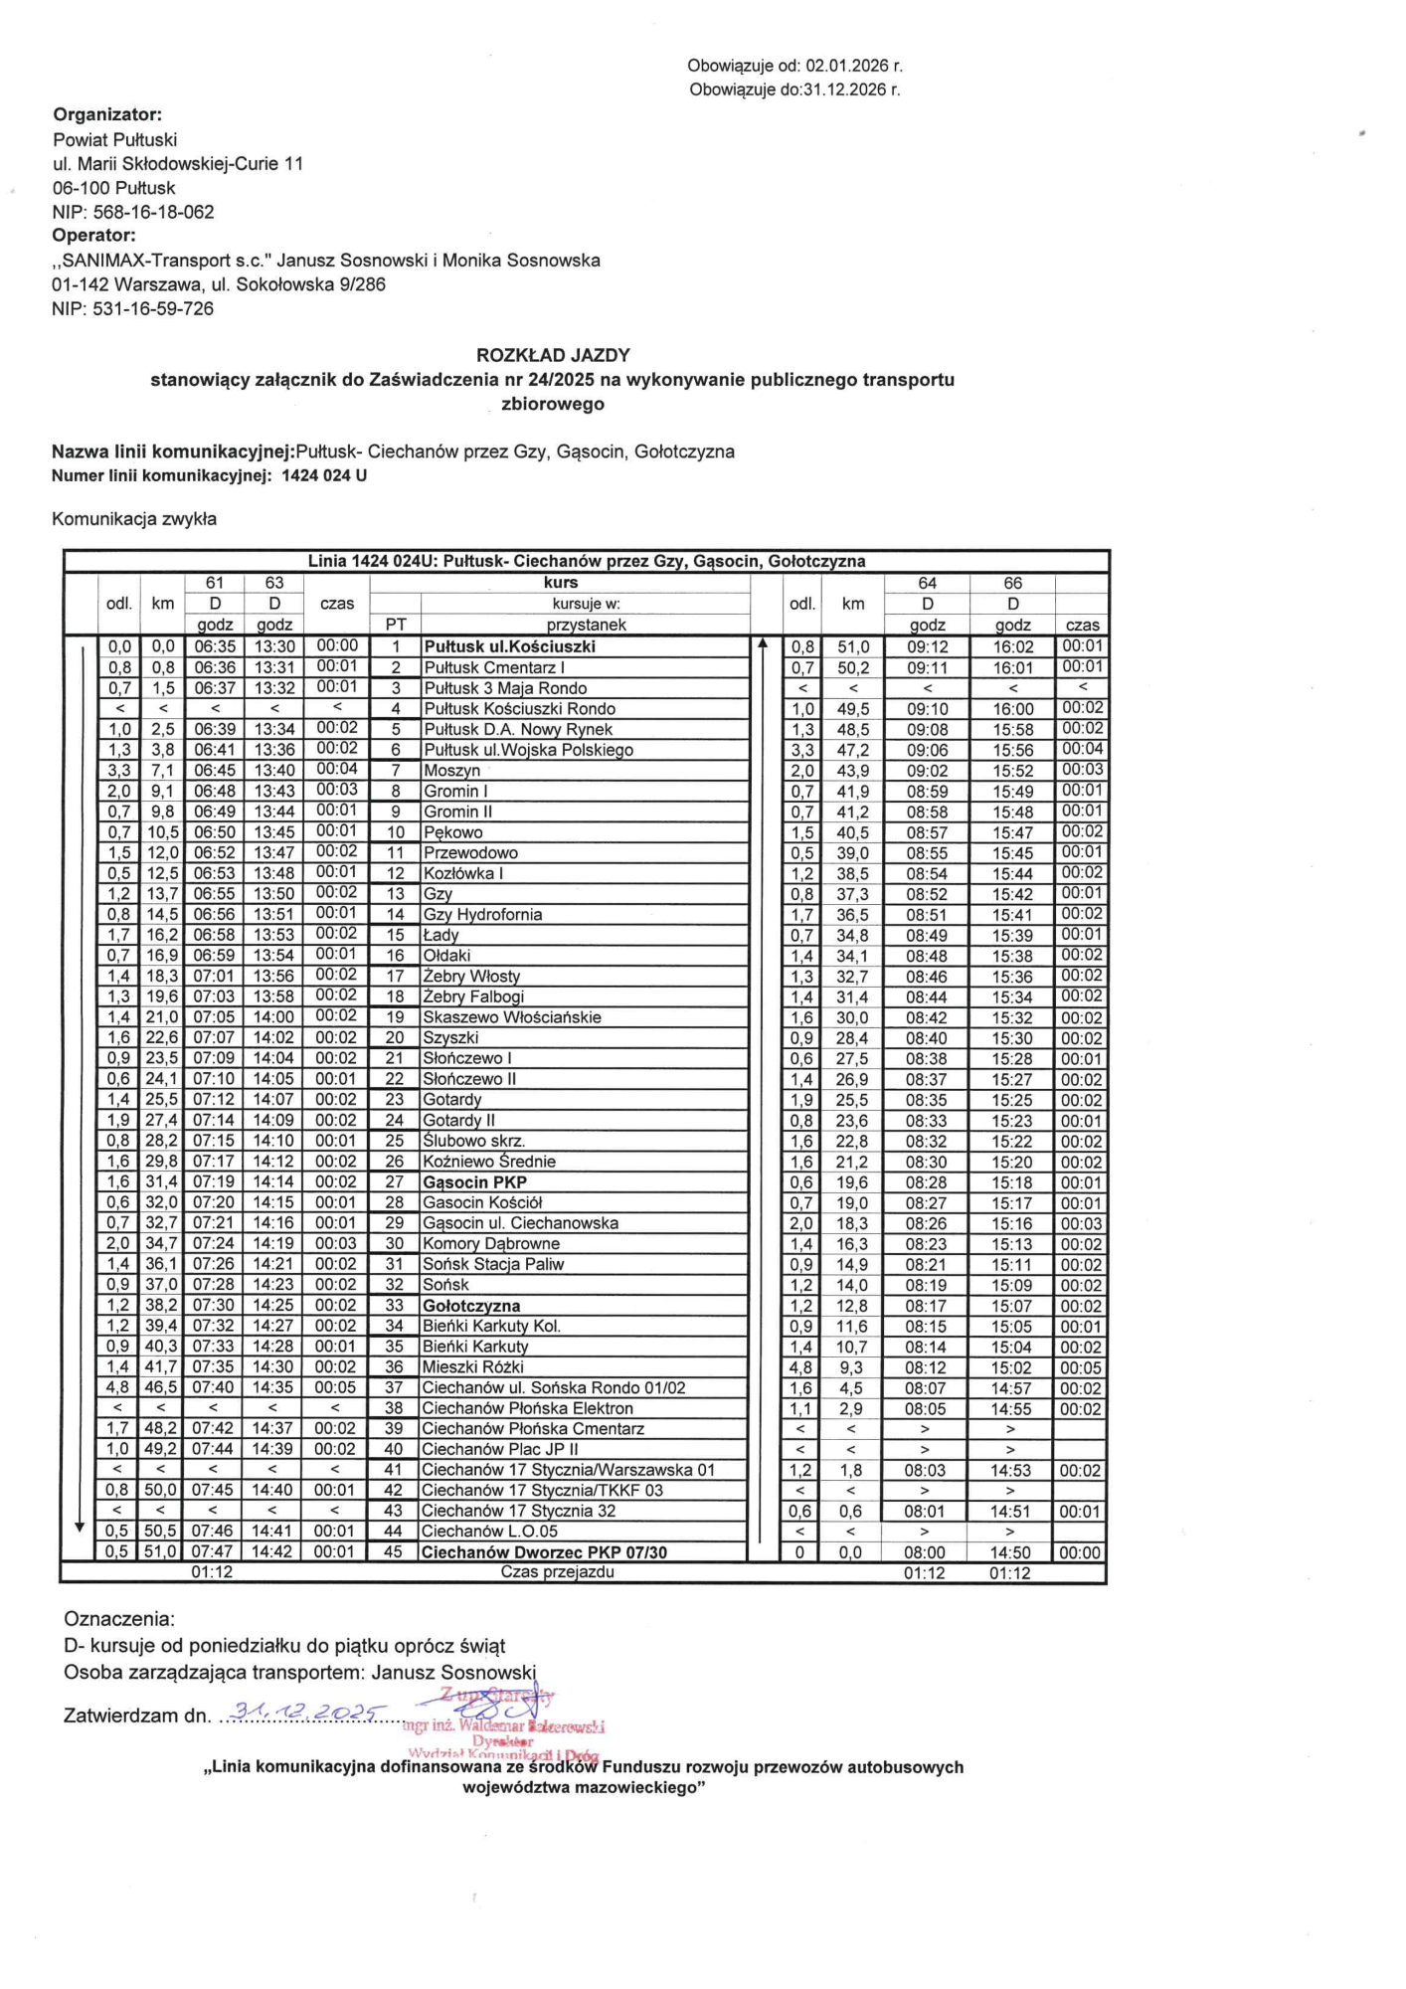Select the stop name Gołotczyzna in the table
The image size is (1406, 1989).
pyautogui.click(x=471, y=1306)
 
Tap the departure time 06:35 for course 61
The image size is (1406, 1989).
pyautogui.click(x=215, y=646)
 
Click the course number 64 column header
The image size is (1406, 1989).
pyautogui.click(x=927, y=583)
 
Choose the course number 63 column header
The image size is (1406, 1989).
pyautogui.click(x=274, y=583)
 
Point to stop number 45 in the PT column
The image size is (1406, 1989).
pyautogui.click(x=394, y=1551)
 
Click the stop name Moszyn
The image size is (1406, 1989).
pyautogui.click(x=451, y=771)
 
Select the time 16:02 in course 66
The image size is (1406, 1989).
pyautogui.click(x=1012, y=646)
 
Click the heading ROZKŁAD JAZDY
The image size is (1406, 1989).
pyautogui.click(x=553, y=355)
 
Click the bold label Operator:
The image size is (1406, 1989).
pyautogui.click(x=93, y=236)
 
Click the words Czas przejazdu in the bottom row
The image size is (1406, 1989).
pyautogui.click(x=557, y=1572)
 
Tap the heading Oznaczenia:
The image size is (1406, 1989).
pyautogui.click(x=119, y=1619)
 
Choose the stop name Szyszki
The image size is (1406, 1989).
pyautogui.click(x=450, y=1038)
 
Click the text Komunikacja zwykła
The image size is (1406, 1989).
pyautogui.click(x=134, y=519)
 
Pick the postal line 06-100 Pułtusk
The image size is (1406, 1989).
pyautogui.click(x=113, y=188)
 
